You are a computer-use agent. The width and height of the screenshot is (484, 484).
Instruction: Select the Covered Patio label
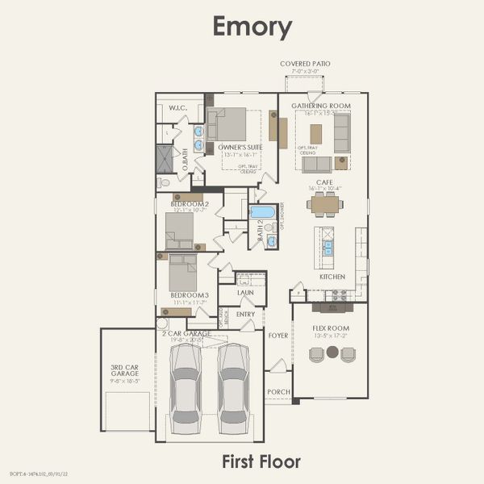coord(305,63)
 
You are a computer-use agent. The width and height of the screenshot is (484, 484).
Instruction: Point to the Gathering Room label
coord(320,105)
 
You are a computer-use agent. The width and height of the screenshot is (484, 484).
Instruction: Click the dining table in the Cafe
coord(324,204)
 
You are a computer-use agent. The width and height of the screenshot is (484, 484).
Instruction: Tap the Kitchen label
coord(332,276)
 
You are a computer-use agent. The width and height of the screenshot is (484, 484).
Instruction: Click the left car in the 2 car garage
coord(186,388)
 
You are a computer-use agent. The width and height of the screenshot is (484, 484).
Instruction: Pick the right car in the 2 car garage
coord(233,388)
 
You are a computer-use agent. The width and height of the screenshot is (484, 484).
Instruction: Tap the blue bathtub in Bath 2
coord(262,212)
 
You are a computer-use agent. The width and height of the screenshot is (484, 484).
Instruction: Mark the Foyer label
coord(278,334)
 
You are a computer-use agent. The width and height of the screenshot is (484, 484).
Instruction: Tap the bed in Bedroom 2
coord(179,230)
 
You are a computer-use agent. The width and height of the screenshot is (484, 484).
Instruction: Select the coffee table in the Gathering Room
coord(315,133)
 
